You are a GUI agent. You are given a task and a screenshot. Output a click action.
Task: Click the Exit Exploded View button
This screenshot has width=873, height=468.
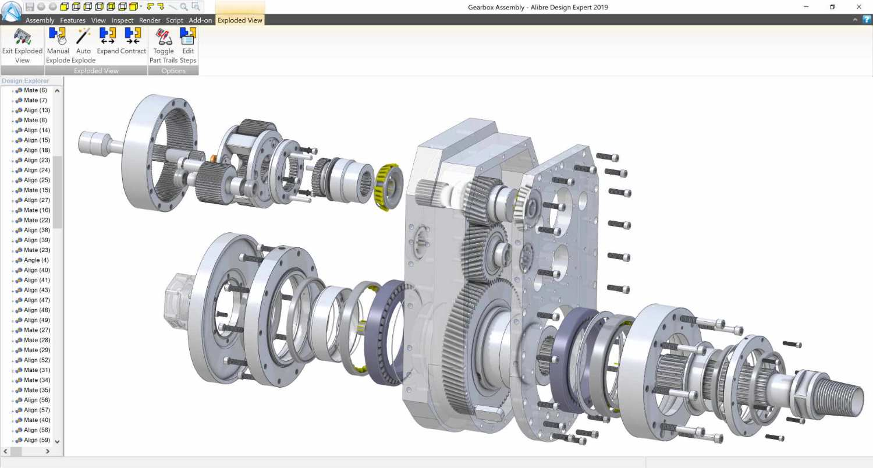22,45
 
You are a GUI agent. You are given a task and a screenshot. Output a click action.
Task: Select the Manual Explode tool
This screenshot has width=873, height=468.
58,45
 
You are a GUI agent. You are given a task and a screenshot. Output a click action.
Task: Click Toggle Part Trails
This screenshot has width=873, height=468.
164,45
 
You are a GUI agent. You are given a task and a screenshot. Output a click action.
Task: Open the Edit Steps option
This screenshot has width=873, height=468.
188,45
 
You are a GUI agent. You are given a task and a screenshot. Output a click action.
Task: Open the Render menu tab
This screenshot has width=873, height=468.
150,20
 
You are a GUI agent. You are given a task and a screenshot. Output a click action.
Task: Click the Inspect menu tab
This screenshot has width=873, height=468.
122,20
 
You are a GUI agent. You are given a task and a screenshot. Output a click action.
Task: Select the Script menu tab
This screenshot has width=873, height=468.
175,20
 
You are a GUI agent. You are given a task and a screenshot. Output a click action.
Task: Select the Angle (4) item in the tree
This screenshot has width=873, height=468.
36,260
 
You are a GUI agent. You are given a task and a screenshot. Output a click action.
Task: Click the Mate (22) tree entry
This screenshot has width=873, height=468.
37,220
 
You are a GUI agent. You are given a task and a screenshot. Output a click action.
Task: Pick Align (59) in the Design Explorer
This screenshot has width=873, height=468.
37,440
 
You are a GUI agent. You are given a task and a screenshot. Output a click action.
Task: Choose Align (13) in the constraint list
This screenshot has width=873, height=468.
37,110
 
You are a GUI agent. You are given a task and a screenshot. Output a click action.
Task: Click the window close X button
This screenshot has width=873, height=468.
858,7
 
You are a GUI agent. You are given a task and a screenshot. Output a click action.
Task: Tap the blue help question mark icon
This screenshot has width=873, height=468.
867,20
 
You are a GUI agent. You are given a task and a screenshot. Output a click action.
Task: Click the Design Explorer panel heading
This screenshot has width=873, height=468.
26,81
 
